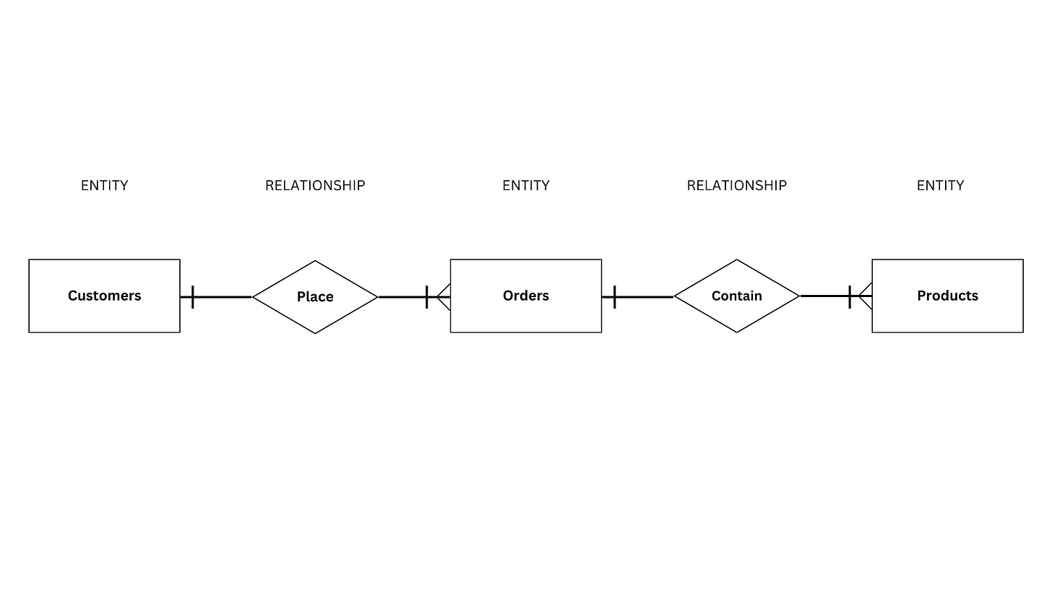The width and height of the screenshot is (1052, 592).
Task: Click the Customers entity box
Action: (x=104, y=296)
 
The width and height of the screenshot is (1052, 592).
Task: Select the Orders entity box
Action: (x=525, y=296)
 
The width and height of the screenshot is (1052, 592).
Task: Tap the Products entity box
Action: (x=947, y=296)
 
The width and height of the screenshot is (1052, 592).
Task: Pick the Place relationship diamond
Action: (x=315, y=296)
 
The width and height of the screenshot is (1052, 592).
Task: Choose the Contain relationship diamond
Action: (x=736, y=296)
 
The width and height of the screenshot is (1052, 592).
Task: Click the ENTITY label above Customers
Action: (x=104, y=186)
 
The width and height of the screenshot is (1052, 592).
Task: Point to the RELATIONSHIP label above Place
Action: (x=315, y=186)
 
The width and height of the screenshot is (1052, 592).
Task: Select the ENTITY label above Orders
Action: (x=525, y=186)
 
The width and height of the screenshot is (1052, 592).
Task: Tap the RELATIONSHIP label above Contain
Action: (x=736, y=186)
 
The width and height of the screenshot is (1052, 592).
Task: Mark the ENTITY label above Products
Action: (x=940, y=186)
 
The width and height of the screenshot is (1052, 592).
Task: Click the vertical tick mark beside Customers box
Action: (x=193, y=296)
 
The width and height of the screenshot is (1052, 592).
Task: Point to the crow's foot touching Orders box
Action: (x=444, y=296)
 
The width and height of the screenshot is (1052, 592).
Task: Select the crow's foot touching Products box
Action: (x=866, y=296)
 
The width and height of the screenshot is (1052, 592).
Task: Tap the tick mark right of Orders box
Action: (x=615, y=296)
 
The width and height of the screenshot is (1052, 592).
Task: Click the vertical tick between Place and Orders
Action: (x=427, y=296)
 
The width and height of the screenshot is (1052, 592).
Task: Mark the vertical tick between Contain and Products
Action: (x=850, y=296)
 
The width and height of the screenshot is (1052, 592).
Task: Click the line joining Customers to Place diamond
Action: (x=224, y=296)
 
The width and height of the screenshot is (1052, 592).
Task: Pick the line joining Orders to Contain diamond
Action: (x=645, y=296)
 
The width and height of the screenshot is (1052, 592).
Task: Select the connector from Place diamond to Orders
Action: (x=401, y=296)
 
